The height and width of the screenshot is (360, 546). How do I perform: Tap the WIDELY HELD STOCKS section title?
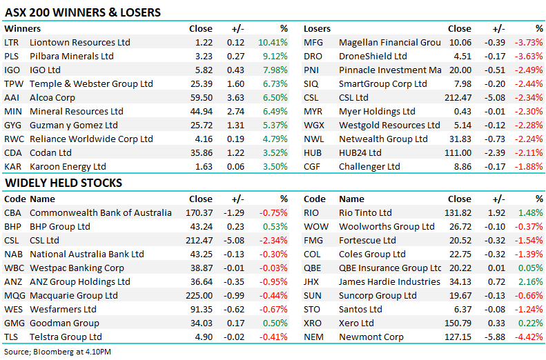(x=64, y=183)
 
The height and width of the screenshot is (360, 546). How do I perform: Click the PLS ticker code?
(x=12, y=56)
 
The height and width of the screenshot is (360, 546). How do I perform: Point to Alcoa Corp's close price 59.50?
(x=201, y=97)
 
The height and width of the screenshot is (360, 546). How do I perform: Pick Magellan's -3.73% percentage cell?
(x=529, y=42)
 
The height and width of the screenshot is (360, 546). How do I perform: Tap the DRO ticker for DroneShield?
(x=313, y=56)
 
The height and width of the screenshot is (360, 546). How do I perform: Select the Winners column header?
(x=22, y=29)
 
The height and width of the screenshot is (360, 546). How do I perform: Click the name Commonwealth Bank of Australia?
(x=101, y=212)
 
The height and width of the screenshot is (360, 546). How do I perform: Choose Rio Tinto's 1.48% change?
(x=530, y=212)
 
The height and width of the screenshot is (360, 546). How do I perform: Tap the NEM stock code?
(x=314, y=337)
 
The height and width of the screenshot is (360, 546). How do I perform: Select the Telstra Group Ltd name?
(x=66, y=337)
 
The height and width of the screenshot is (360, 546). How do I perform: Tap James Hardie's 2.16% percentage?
(x=530, y=281)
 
